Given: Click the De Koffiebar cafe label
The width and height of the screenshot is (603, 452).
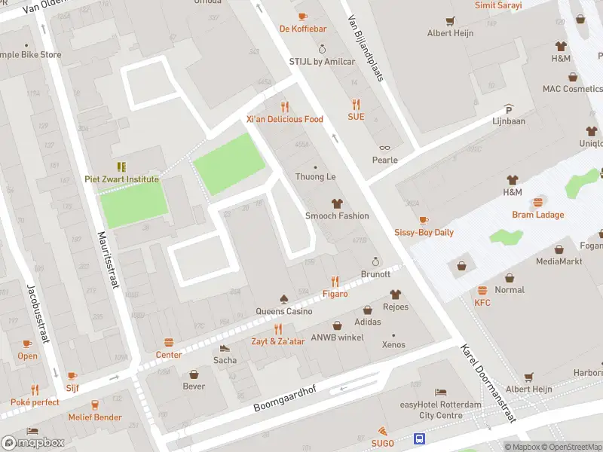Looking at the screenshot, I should [x=302, y=29].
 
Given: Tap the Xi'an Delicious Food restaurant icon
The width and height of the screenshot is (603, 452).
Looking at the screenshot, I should [x=284, y=106].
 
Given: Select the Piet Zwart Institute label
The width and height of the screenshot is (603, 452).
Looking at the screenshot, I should [x=121, y=179].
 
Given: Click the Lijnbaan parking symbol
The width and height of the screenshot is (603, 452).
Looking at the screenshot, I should [x=509, y=108].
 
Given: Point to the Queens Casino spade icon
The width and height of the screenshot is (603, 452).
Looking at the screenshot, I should [x=283, y=299].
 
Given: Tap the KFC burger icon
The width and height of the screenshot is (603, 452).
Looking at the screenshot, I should [x=482, y=291].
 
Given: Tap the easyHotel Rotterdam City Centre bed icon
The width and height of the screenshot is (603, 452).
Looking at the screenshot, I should [x=440, y=392].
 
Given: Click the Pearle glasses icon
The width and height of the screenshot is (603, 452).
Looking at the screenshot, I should [x=384, y=148].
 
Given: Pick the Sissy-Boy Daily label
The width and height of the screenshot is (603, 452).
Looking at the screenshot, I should [x=424, y=232].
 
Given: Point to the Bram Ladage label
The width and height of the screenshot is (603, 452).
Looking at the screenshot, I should [x=538, y=215].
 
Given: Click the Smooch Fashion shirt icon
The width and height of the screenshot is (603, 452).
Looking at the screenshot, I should [x=336, y=203].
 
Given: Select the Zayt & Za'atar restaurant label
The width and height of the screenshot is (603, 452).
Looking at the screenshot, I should [x=278, y=341].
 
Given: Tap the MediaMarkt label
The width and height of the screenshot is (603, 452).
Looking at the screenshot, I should [x=559, y=261].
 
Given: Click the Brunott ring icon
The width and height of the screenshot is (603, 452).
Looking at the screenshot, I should [x=375, y=261].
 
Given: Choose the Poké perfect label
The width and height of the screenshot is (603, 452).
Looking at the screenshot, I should [x=35, y=402].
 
